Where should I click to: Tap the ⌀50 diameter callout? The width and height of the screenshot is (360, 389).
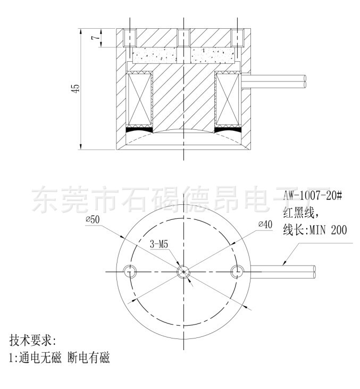(92, 219)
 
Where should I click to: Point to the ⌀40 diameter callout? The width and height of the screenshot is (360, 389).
(265, 224)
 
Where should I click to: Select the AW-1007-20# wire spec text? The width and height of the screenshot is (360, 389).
(312, 195)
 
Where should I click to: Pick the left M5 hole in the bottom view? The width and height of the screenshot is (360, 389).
(129, 271)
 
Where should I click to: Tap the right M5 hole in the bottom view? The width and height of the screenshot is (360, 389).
(237, 271)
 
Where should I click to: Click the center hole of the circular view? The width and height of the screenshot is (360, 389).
(183, 271)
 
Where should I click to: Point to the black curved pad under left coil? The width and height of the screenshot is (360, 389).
(139, 129)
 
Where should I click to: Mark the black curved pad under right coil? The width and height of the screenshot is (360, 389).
(227, 129)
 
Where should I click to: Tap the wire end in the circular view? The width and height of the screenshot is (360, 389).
(314, 271)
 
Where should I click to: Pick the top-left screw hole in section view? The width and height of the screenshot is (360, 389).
(129, 38)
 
